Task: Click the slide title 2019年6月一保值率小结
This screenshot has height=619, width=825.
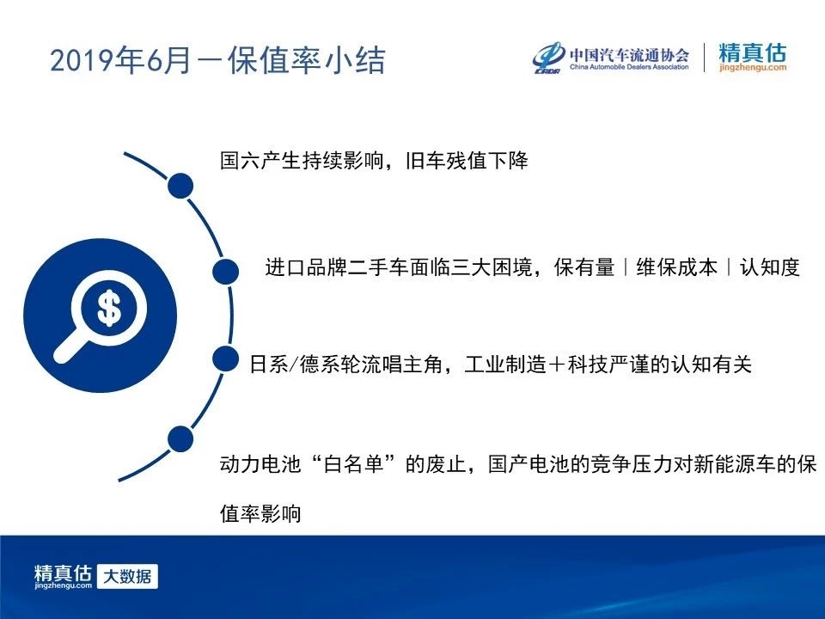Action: pos(217,60)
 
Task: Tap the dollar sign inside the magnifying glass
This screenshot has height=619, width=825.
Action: pos(109,308)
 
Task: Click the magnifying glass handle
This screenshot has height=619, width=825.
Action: pos(71,347)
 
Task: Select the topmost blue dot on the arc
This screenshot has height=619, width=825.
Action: pos(180,186)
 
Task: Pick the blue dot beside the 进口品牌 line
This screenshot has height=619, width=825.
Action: pos(226,272)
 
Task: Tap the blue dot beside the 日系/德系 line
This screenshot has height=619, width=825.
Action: pos(226,359)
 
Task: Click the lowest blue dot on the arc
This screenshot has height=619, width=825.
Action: pos(180,439)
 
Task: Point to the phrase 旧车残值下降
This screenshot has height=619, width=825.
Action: pos(467,161)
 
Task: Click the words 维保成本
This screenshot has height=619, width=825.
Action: pos(676,267)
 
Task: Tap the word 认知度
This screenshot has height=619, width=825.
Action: pos(770,267)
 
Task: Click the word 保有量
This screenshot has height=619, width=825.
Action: pos(584,267)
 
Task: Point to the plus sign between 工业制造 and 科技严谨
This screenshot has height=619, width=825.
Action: pos(556,365)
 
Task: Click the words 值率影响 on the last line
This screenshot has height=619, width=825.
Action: pos(260,513)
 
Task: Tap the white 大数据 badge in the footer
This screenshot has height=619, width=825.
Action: pos(127,576)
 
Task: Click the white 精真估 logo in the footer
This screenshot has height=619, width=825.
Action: pos(63,576)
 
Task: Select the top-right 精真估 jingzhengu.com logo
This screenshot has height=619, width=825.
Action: pos(753,57)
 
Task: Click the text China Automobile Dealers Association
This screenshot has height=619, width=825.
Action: pos(629,67)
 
